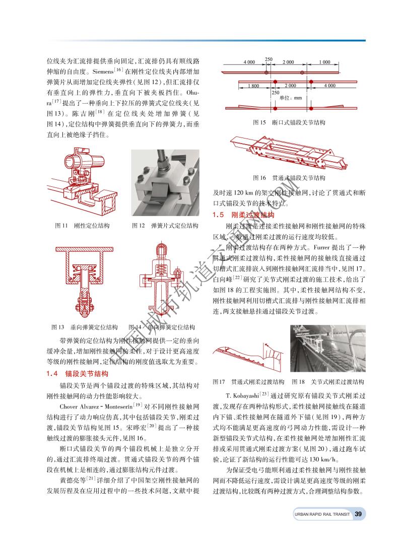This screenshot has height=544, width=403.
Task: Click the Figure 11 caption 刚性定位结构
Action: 82,226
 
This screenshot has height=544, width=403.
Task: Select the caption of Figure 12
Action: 165,226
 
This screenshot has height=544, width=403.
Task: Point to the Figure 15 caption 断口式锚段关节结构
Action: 289,123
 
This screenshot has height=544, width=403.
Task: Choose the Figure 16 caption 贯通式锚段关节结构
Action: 289,178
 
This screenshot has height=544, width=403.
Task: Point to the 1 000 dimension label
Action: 324,62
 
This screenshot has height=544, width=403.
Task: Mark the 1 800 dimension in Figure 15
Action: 253,86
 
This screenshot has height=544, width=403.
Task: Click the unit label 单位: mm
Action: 290,98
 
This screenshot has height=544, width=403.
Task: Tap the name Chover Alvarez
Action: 83,405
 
